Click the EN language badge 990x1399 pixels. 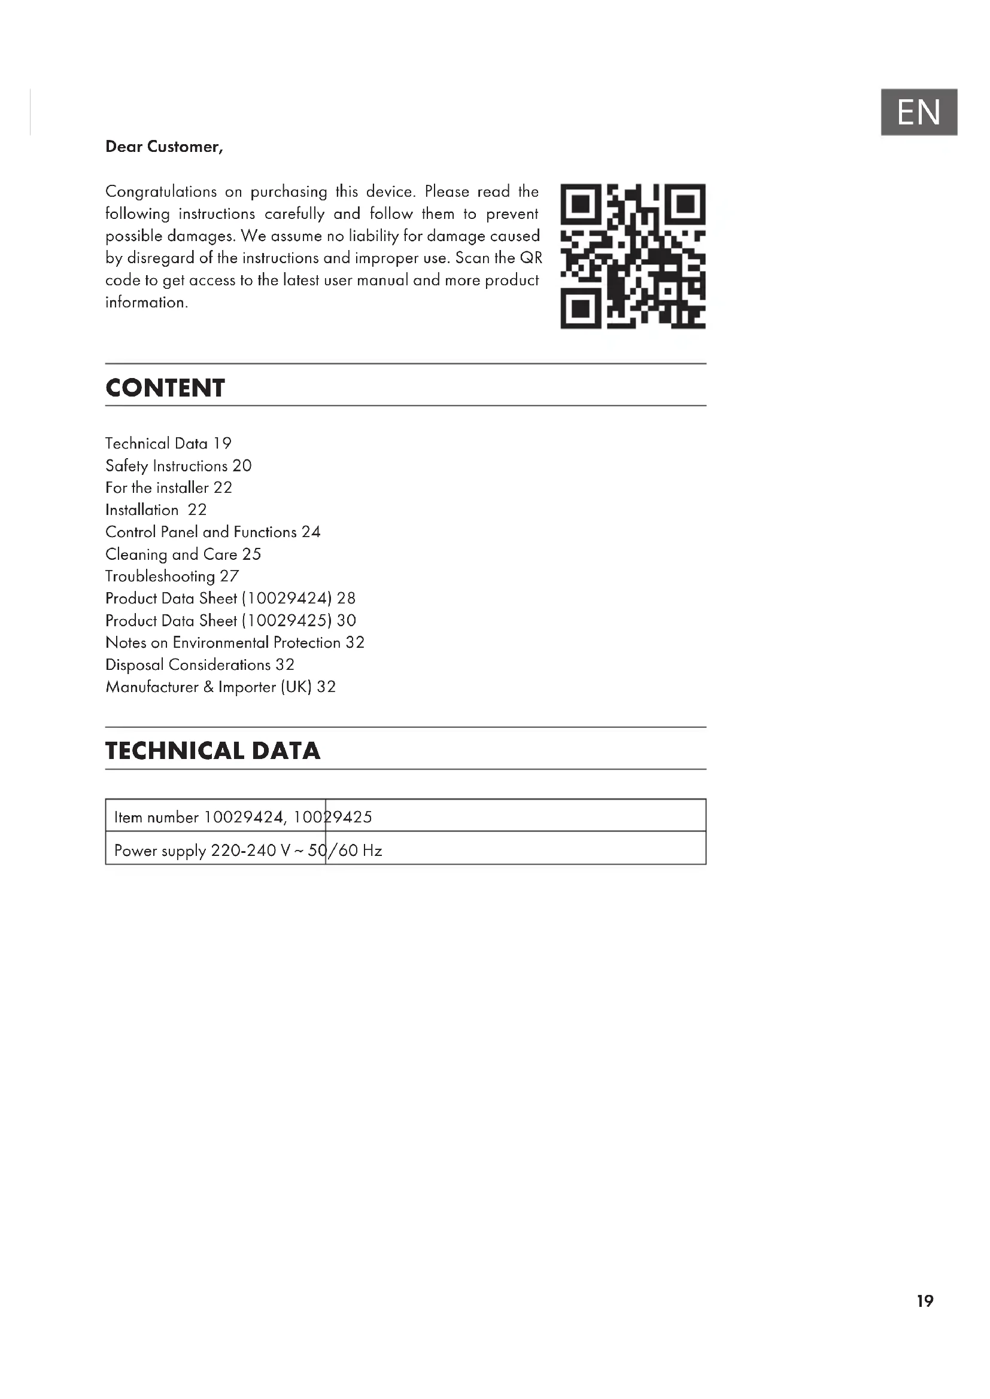(x=919, y=112)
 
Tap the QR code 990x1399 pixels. (x=633, y=256)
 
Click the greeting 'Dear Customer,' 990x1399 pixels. (x=164, y=147)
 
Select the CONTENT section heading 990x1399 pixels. (x=165, y=388)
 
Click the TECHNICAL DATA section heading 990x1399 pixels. (x=212, y=751)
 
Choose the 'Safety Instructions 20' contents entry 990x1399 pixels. (x=178, y=465)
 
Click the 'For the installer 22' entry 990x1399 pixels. (x=168, y=487)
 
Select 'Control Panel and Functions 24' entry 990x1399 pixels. (x=212, y=532)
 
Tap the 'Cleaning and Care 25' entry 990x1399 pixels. (x=183, y=554)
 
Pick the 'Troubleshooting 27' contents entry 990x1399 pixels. (x=172, y=576)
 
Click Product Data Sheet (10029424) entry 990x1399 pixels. (x=230, y=598)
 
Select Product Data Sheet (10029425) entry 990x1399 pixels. (x=230, y=620)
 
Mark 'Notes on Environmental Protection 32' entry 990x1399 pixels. (x=235, y=642)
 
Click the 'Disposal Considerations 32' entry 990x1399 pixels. (x=199, y=665)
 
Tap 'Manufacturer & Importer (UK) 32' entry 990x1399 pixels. (x=220, y=687)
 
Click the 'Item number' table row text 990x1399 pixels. (x=242, y=817)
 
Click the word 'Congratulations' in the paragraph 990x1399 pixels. (x=161, y=192)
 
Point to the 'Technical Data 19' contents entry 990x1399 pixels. (x=168, y=444)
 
